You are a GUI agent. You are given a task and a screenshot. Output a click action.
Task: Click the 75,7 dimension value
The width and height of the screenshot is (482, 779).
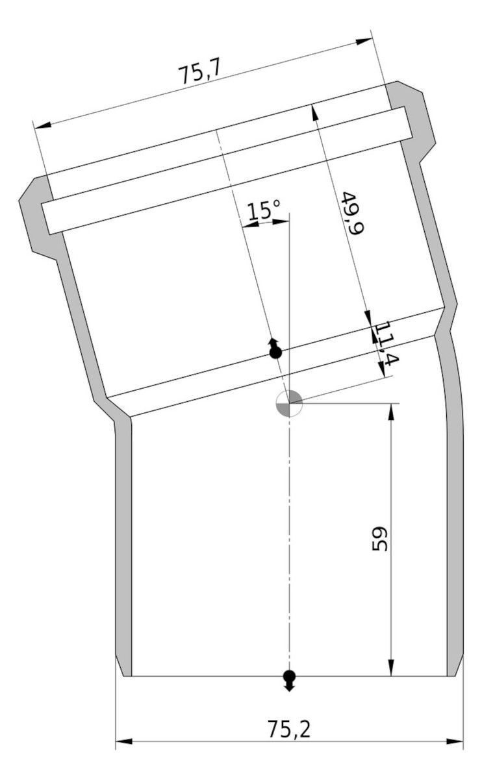200,73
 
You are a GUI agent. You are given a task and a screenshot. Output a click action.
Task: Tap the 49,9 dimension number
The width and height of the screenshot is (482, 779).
352,212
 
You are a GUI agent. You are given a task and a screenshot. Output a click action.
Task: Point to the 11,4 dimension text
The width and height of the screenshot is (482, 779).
386,343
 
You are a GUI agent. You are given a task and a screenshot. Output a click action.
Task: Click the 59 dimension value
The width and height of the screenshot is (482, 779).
379,539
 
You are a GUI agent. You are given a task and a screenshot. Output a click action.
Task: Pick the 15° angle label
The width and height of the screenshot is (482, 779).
264,210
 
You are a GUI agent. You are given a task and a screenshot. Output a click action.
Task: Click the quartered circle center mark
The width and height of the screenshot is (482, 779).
289,403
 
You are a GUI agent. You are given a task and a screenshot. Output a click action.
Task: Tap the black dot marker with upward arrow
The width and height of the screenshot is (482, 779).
275,348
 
